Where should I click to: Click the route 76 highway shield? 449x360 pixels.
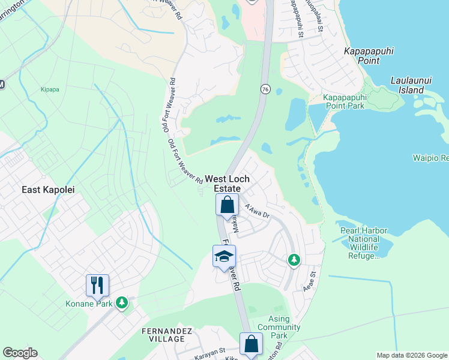point(265,89)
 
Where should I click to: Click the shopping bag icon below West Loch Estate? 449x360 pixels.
point(228,205)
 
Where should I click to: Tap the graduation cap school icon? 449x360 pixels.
point(224,257)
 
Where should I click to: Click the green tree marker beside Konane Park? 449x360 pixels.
point(122,302)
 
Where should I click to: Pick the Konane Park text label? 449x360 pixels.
point(89,303)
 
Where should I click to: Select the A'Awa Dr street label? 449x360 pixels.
point(258,211)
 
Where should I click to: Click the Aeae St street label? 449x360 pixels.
point(312,278)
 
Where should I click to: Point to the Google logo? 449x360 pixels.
point(20,353)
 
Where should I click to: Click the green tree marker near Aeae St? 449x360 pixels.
point(294,259)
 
